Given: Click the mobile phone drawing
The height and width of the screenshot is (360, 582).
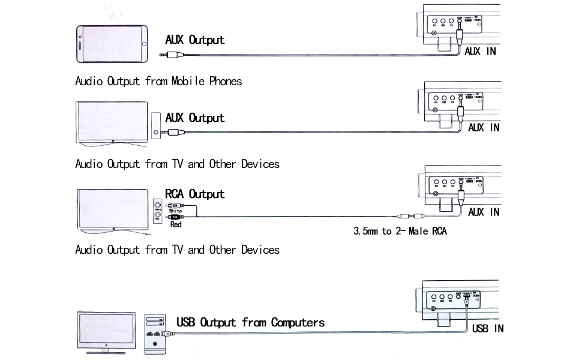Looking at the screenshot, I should [112, 43].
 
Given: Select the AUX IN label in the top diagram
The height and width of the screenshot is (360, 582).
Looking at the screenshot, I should [481, 52].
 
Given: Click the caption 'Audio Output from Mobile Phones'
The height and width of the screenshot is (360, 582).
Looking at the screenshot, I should [158, 81].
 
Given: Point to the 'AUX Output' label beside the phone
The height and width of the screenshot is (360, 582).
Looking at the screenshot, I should [195, 40].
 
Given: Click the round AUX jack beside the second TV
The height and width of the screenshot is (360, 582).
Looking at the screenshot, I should [156, 133].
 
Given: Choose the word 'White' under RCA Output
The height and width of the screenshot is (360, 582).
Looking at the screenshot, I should [176, 211].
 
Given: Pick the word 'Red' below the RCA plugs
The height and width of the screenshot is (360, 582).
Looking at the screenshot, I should [176, 224].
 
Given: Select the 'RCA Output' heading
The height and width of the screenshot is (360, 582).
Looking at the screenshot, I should [195, 194].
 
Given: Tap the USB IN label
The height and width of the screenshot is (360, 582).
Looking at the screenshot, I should [488, 328].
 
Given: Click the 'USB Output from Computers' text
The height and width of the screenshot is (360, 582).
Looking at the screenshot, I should [250, 323].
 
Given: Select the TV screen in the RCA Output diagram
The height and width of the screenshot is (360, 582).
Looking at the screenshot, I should [112, 208].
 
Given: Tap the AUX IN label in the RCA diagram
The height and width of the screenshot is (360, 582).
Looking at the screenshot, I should [484, 212].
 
